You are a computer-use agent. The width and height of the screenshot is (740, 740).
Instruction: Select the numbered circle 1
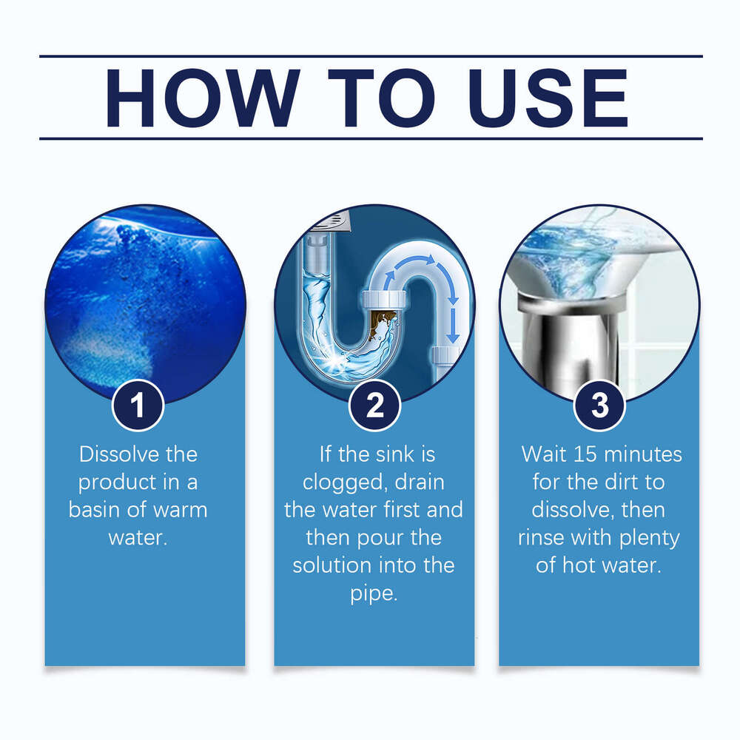pyautogui.click(x=138, y=405)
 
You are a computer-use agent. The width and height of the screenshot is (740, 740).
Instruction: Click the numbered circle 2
pyautogui.click(x=374, y=405)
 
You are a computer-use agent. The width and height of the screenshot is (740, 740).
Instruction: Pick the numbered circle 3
pyautogui.click(x=599, y=405)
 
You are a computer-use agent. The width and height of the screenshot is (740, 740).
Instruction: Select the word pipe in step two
pyautogui.click(x=374, y=593)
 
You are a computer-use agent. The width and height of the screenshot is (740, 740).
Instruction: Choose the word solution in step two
pyautogui.click(x=329, y=565)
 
